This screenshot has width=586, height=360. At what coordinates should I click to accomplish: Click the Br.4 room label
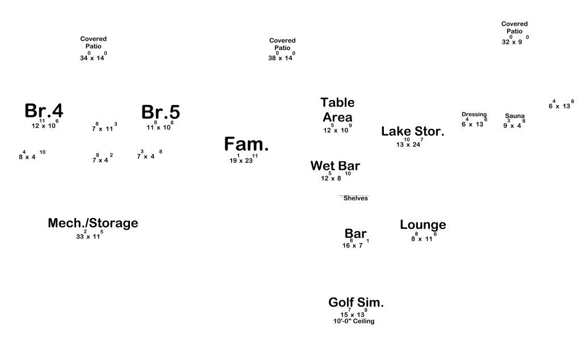click(44, 111)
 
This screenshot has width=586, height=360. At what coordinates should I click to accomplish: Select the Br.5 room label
click(161, 112)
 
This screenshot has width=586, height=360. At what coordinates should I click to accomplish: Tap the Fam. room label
click(246, 144)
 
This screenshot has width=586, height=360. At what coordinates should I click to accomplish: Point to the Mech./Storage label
click(93, 223)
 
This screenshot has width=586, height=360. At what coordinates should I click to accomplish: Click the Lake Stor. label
click(413, 131)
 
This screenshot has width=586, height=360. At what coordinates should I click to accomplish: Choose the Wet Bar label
click(335, 166)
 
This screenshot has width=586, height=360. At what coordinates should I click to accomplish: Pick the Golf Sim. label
click(356, 303)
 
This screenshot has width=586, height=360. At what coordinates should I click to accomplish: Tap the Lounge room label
click(423, 225)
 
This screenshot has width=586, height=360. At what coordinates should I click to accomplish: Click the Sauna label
click(515, 116)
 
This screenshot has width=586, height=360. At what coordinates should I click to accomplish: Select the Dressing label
click(474, 114)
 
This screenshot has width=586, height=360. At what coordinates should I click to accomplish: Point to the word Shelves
click(355, 198)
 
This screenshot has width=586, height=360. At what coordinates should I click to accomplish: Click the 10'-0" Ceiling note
click(354, 321)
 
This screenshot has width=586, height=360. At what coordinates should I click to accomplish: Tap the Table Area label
click(338, 110)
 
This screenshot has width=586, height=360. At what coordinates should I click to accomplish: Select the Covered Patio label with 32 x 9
click(514, 27)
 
